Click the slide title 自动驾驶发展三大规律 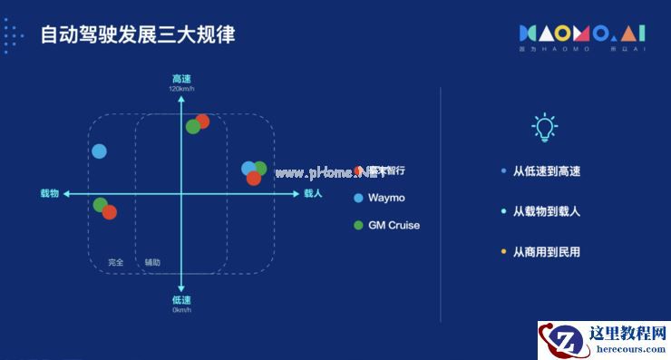point(138,35)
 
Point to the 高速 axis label point(181,78)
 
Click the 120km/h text point(181,88)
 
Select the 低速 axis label point(181,299)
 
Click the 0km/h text point(181,309)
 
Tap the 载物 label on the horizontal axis point(49,193)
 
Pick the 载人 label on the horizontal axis point(313,193)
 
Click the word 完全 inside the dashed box point(115,262)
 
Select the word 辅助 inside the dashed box point(152,262)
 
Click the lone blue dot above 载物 point(99,151)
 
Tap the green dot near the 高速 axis point(192,126)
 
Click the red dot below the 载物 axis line point(110,212)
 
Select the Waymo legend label point(386,198)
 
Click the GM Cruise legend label point(394,225)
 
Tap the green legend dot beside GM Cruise point(359,225)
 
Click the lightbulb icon point(543,127)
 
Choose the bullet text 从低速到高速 point(546,171)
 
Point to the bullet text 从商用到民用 point(546,251)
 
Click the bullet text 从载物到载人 point(546,211)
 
